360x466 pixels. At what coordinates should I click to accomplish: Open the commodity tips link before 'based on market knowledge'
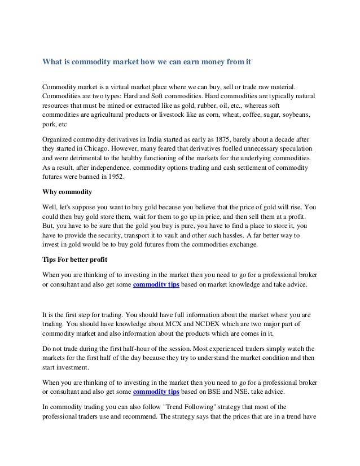pos(156,284)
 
